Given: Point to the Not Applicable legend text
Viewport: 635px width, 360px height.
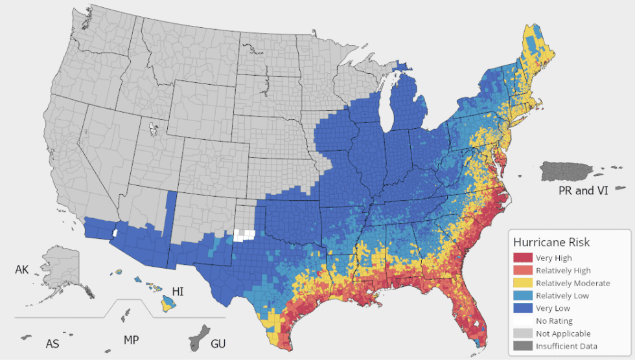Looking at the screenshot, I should (562, 333).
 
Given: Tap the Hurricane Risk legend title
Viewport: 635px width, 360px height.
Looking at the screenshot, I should (551, 242).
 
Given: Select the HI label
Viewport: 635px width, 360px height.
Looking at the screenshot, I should (178, 292).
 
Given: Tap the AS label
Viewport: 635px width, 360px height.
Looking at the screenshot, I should (52, 343).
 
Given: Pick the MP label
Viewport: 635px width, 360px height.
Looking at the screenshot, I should (130, 340).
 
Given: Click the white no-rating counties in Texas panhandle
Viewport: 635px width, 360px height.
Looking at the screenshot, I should (244, 235).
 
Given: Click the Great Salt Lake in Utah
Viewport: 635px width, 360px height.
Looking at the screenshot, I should (153, 129).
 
